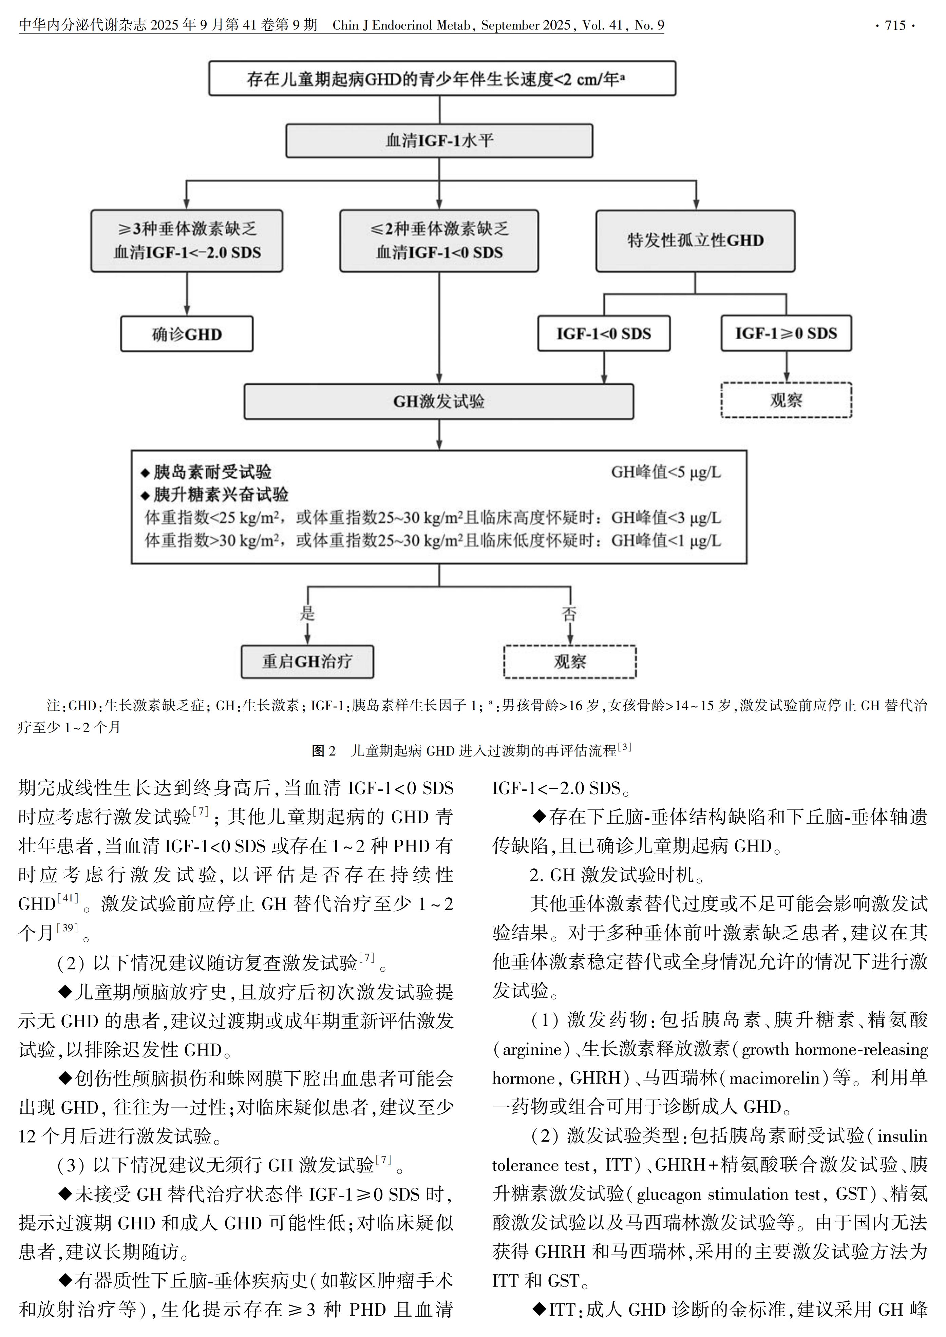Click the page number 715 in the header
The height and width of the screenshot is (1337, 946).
click(x=895, y=25)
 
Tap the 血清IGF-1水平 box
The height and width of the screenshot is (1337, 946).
click(x=439, y=140)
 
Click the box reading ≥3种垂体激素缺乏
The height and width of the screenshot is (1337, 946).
click(x=186, y=241)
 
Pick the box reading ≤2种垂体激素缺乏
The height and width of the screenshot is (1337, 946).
click(x=439, y=241)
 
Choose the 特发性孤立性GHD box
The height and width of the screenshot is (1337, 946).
click(x=695, y=241)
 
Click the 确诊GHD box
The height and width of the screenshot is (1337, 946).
click(x=186, y=334)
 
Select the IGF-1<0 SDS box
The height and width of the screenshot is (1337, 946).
click(x=604, y=334)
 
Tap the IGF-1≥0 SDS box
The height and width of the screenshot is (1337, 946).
click(x=786, y=334)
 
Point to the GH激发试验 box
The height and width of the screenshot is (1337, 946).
click(x=439, y=401)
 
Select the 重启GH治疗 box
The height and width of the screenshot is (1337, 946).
click(x=307, y=662)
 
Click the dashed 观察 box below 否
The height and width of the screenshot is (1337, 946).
click(x=570, y=662)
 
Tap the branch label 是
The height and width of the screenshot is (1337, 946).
click(x=307, y=613)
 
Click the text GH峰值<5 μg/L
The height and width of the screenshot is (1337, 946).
click(x=665, y=472)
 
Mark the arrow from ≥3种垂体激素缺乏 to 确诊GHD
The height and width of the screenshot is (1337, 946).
click(x=186, y=294)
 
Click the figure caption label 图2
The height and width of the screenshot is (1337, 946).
click(x=324, y=751)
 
